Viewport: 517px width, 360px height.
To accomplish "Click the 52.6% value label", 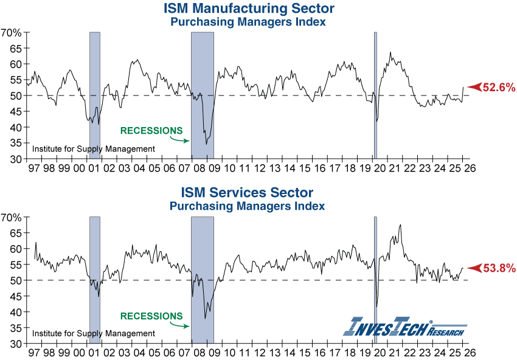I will pyautogui.click(x=499, y=88).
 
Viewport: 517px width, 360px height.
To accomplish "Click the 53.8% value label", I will pyautogui.click(x=499, y=268).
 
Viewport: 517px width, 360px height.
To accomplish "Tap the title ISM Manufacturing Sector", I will pyautogui.click(x=248, y=9).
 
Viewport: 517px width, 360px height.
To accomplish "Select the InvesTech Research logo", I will pyautogui.click(x=405, y=326).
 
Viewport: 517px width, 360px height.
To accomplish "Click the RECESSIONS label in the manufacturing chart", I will pyautogui.click(x=151, y=131).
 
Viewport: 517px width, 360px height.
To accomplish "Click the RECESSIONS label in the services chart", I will pyautogui.click(x=151, y=316).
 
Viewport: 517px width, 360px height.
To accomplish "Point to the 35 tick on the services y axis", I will pyautogui.click(x=15, y=328).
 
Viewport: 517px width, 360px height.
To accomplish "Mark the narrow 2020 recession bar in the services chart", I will pyautogui.click(x=375, y=280).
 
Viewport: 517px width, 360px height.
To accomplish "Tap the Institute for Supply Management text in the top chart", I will pyautogui.click(x=93, y=148).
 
